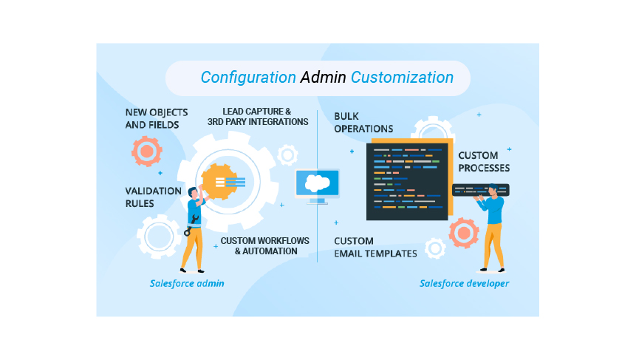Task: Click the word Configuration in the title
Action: tap(248, 77)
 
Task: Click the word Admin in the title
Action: tap(323, 77)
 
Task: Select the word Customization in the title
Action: tap(402, 77)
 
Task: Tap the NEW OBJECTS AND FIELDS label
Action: tap(157, 118)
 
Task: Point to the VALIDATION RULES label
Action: tap(153, 197)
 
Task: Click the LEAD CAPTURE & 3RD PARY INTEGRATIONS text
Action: tap(258, 116)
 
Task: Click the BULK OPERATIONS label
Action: tap(363, 122)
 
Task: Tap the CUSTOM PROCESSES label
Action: tap(483, 162)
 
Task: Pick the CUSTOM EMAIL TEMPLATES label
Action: tap(375, 247)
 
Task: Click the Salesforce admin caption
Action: tap(187, 283)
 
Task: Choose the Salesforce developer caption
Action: tap(464, 283)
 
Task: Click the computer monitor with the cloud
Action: tap(317, 184)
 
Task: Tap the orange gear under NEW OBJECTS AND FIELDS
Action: tap(146, 152)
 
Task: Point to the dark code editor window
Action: tap(406, 181)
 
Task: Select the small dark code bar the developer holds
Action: tap(480, 190)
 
